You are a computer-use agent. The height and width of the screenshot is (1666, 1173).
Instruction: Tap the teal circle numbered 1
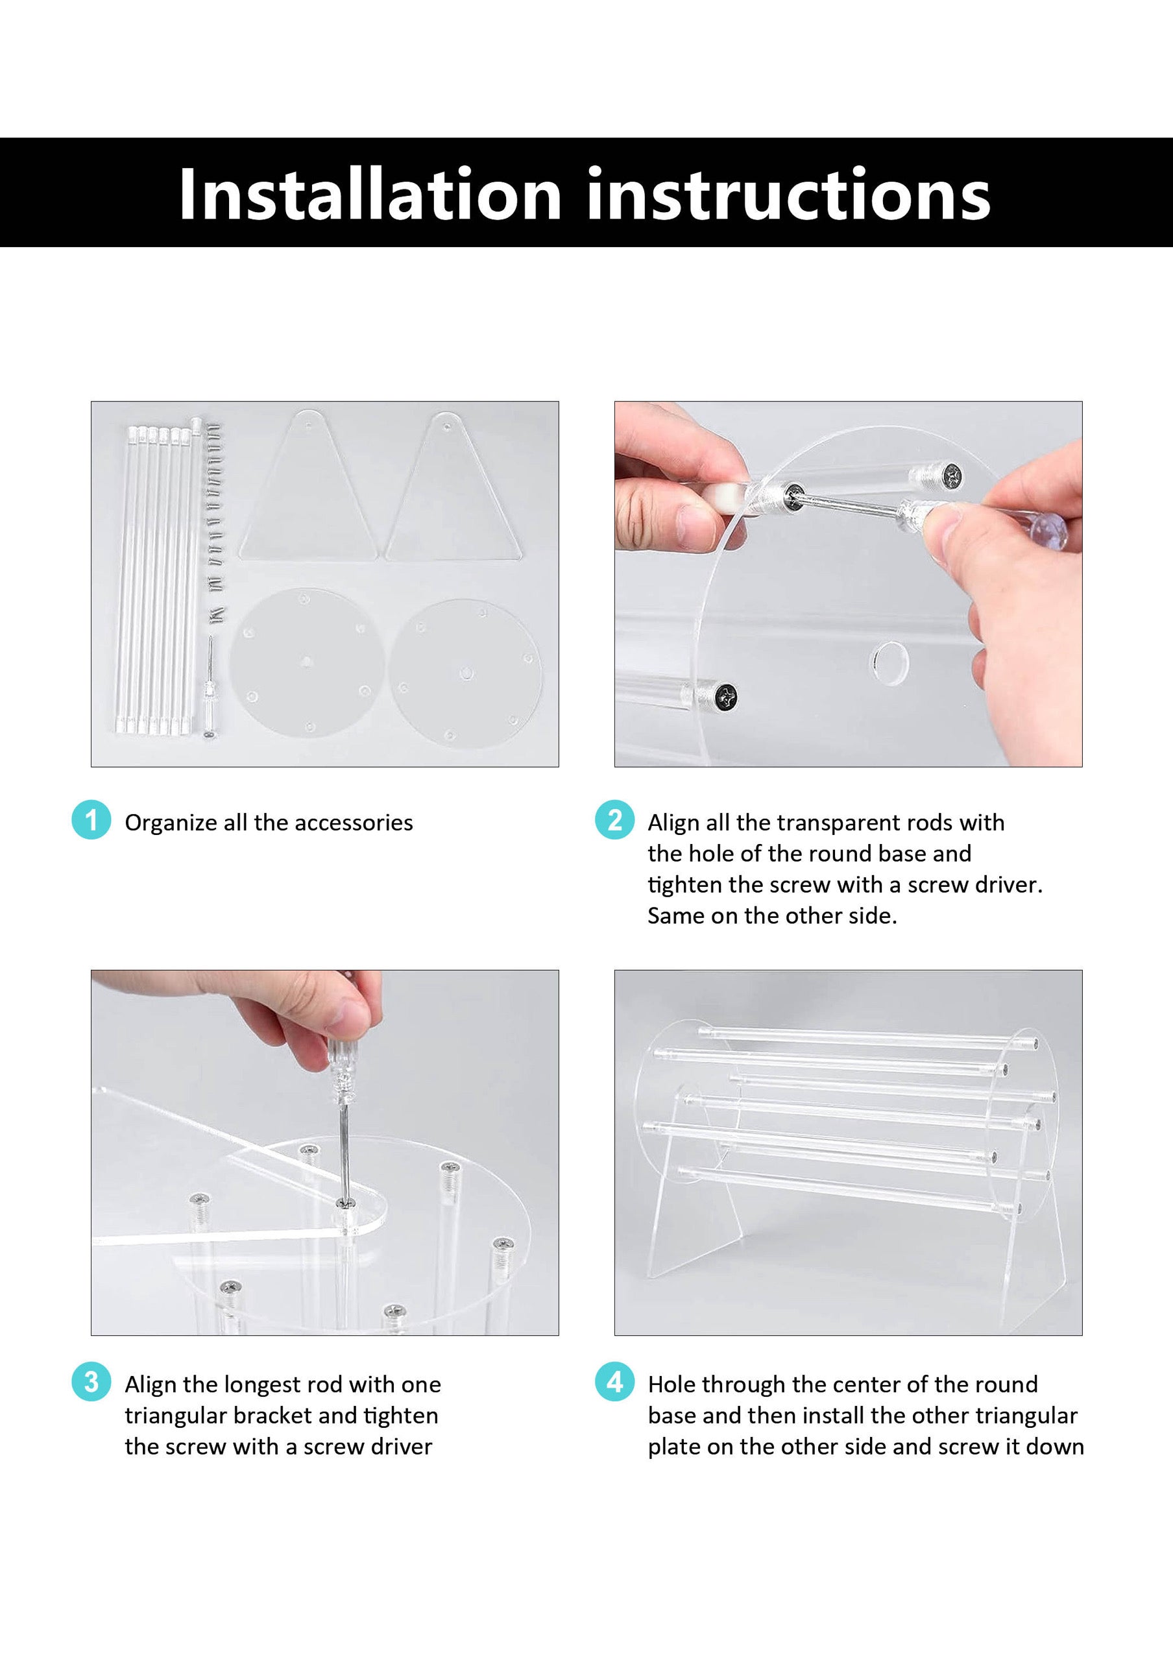point(91,820)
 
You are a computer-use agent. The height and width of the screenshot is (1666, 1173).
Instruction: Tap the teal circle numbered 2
point(615,820)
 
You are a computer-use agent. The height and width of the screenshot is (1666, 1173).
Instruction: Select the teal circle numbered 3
point(91,1382)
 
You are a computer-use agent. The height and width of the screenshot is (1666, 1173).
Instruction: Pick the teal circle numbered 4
point(615,1382)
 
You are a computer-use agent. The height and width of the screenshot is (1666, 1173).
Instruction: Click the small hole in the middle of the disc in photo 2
point(889,662)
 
